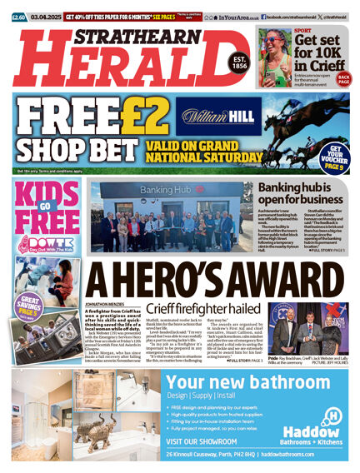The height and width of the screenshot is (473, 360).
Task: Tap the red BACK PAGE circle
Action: [x=343, y=79]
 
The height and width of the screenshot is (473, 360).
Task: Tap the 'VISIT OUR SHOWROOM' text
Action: [x=207, y=441]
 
